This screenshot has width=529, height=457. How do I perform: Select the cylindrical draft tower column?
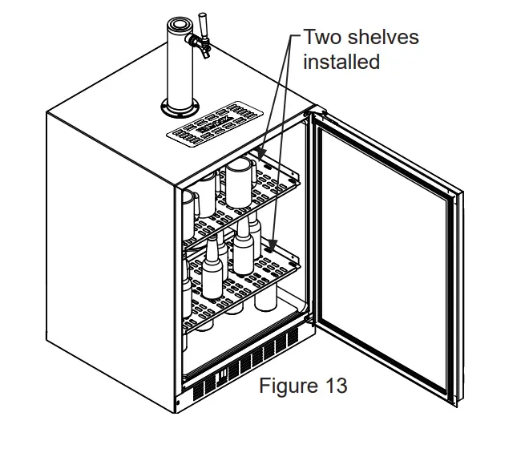tap(176, 64)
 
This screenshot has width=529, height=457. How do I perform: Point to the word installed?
tap(341, 62)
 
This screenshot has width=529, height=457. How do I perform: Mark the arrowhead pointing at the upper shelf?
tap(261, 152)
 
